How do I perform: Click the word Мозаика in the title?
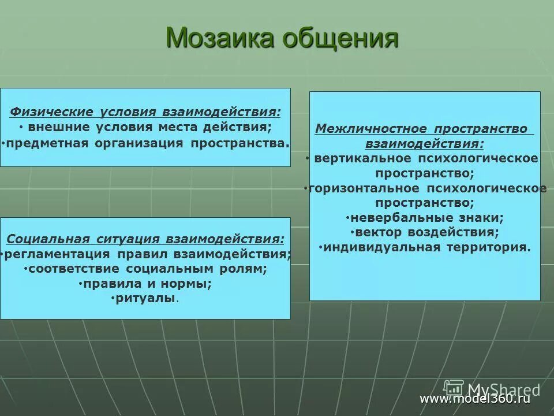click(219, 38)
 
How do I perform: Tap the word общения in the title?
click(340, 39)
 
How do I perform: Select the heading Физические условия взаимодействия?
click(146, 112)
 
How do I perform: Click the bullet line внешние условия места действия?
click(149, 127)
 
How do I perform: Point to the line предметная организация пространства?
click(147, 142)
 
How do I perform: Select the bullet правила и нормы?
click(146, 284)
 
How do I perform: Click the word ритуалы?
click(144, 299)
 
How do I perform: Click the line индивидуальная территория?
click(426, 247)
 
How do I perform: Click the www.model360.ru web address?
click(474, 399)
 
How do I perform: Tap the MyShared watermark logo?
click(491, 388)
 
